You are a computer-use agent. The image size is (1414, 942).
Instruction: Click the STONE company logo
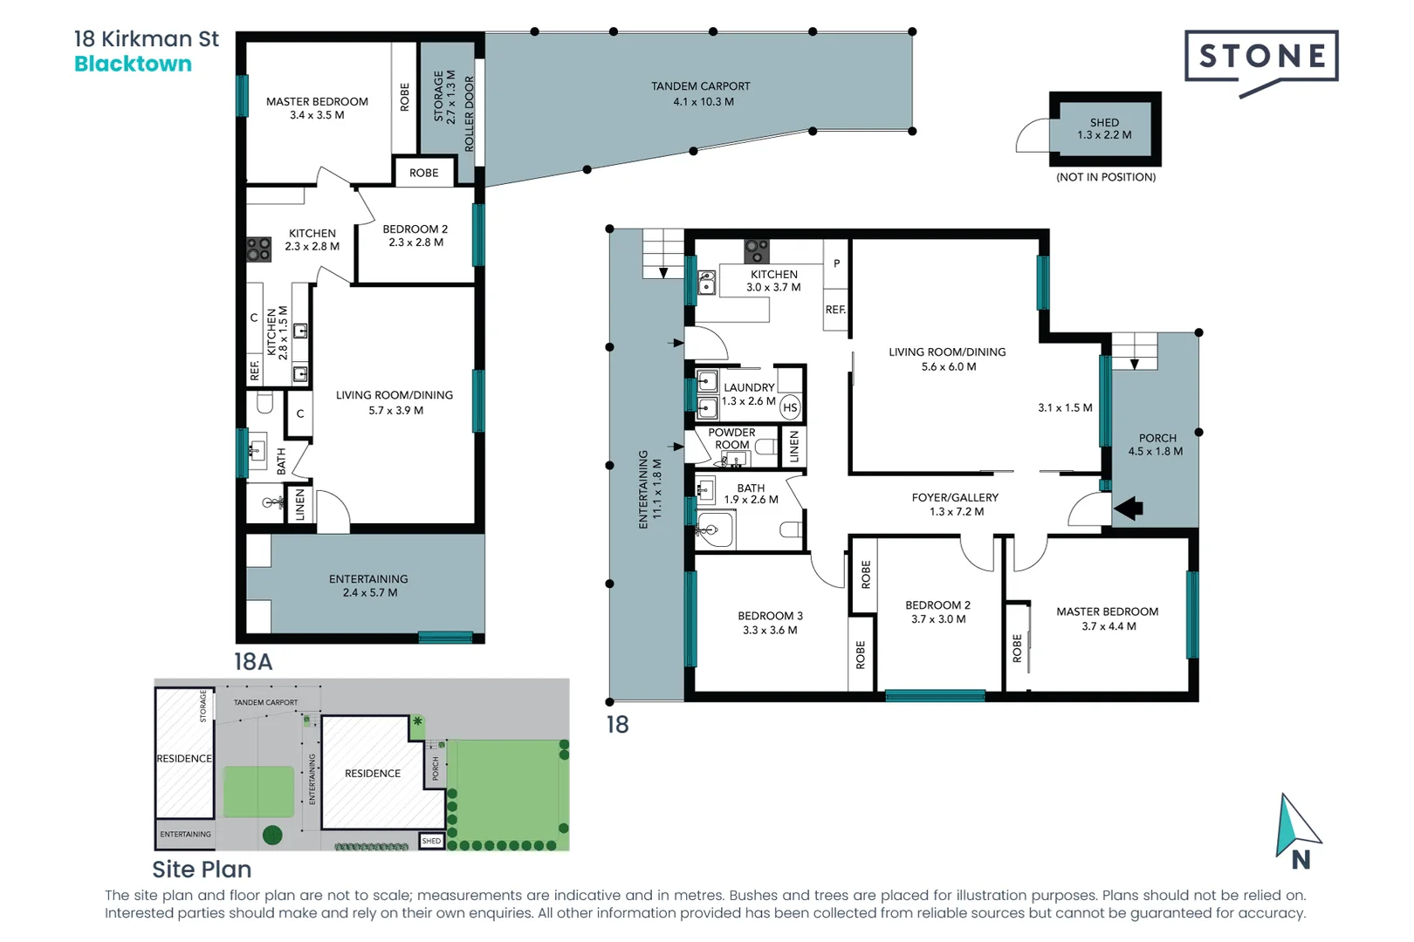pos(1261,58)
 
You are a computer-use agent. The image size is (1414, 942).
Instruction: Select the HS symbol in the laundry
pos(790,407)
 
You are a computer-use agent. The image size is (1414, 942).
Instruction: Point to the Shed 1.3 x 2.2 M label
pos(1104,128)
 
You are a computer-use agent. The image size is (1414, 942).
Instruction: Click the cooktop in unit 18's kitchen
pos(757,251)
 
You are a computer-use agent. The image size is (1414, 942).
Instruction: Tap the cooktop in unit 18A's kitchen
pos(258,249)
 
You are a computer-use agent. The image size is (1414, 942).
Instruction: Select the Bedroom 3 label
pos(770,623)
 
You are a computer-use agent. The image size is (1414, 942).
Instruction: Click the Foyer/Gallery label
pos(955,504)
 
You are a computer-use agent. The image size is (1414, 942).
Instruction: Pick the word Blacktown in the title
pos(133,64)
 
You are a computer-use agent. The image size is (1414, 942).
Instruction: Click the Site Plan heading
pos(202,869)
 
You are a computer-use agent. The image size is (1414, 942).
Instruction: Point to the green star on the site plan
pos(417,721)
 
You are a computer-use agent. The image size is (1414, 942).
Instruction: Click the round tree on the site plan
pos(272,835)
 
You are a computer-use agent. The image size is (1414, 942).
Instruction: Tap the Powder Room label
pos(731,438)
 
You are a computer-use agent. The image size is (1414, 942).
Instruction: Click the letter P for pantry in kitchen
pos(836,263)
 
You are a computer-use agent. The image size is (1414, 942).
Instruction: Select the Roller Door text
pos(469,113)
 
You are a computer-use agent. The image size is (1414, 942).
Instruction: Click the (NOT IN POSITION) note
pos(1106,177)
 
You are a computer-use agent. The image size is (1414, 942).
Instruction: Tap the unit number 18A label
pos(253,661)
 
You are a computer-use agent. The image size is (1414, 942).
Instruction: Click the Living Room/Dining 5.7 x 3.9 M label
pos(395,402)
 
